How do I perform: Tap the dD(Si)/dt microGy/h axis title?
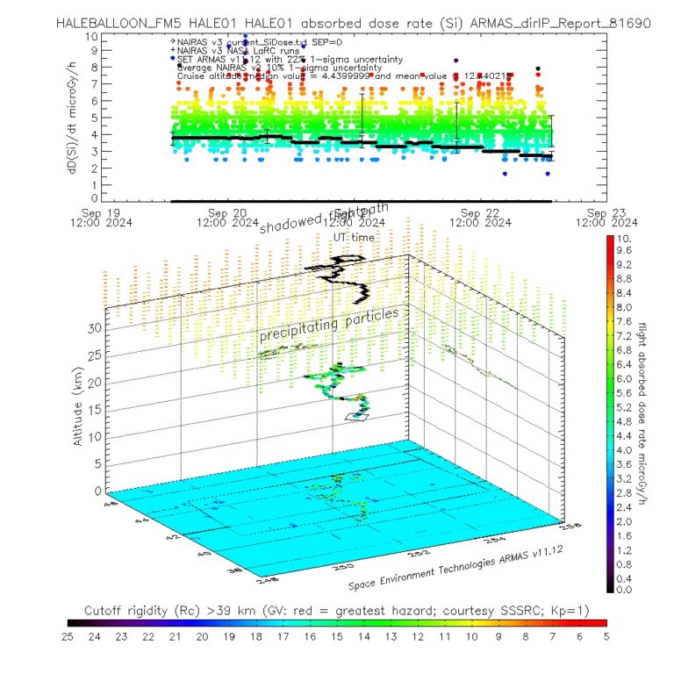pos(75,118)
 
